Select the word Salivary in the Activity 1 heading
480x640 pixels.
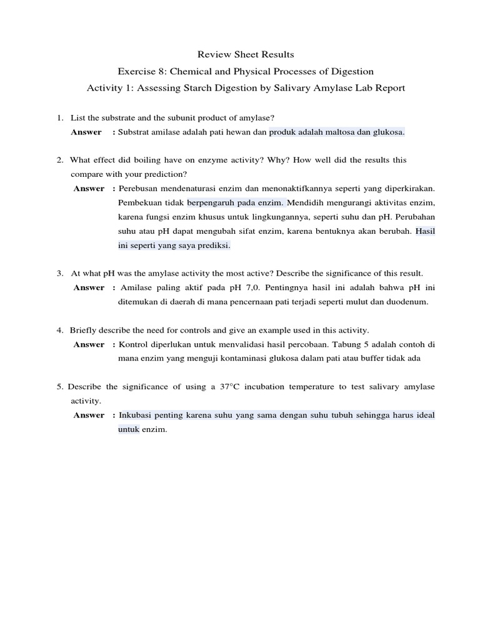click(x=286, y=88)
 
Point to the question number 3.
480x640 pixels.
click(x=59, y=273)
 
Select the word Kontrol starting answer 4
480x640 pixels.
click(x=133, y=344)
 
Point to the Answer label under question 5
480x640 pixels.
click(x=89, y=415)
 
